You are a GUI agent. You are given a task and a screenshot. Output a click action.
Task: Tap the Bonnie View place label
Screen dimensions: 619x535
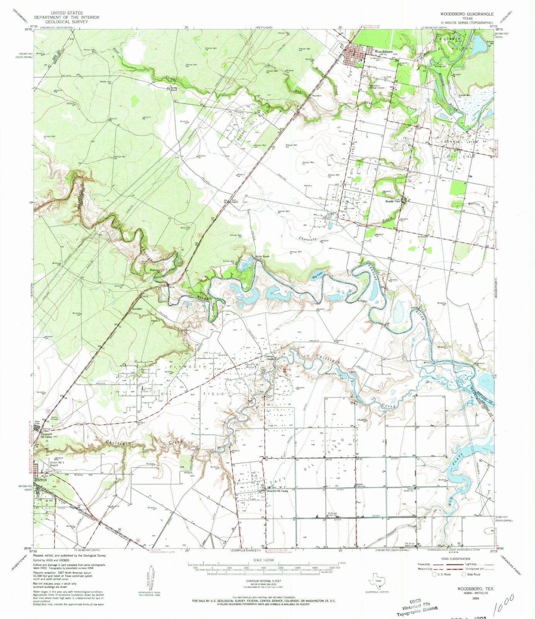[392, 202]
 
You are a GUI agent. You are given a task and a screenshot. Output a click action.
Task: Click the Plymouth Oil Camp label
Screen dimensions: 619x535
[49, 435]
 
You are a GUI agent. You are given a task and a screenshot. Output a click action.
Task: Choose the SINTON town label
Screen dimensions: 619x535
[40, 480]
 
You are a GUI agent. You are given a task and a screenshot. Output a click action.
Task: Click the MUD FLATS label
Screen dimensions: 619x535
[450, 482]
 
